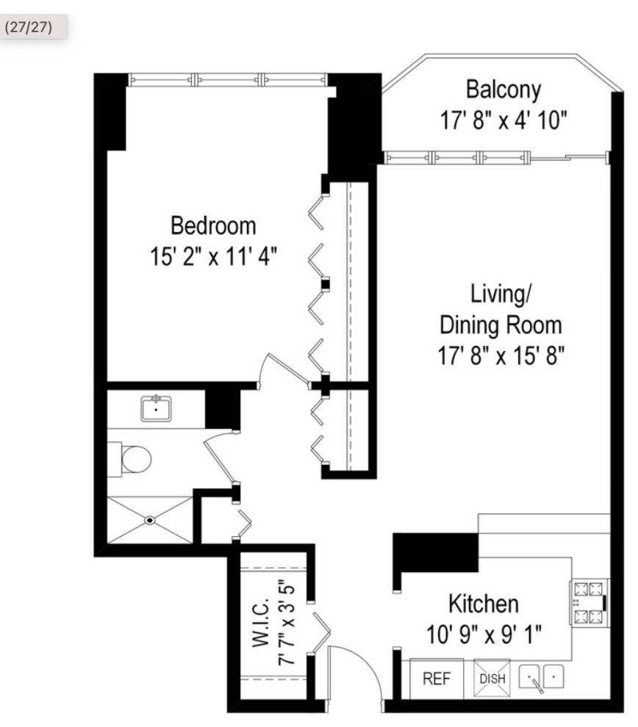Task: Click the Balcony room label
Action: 503,90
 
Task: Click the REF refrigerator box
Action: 437,679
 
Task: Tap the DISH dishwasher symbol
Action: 492,678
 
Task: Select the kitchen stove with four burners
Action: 589,602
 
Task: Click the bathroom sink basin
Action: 156,408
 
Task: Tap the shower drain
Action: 150,520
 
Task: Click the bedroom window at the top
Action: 227,79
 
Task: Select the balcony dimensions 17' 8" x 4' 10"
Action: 503,119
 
